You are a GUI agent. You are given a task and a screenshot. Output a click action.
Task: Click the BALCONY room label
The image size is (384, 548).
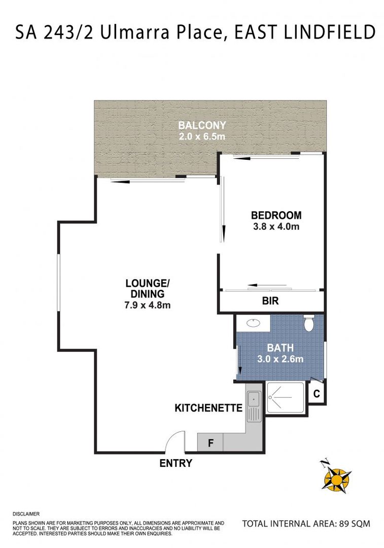pos(202,125)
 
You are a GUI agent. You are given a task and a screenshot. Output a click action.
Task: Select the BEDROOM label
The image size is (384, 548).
pos(276,215)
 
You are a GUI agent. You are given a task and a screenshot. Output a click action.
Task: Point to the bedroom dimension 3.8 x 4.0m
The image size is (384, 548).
pos(276,226)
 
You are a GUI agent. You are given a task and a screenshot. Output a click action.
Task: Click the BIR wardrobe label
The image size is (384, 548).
pos(270,301)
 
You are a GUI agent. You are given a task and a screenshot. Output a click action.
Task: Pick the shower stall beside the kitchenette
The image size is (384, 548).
pos(285,398)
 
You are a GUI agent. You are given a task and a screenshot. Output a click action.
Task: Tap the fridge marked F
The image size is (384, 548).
pos(211,443)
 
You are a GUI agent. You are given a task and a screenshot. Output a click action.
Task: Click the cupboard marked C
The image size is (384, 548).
pos(317,394)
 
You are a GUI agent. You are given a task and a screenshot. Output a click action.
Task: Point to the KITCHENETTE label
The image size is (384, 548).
pos(208,407)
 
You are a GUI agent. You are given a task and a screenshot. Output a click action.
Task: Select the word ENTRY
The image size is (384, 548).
pos(176,463)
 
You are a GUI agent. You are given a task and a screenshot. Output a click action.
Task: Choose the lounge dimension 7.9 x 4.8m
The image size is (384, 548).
pos(148,305)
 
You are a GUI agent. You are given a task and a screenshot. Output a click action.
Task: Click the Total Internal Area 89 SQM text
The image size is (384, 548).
pos(306,523)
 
